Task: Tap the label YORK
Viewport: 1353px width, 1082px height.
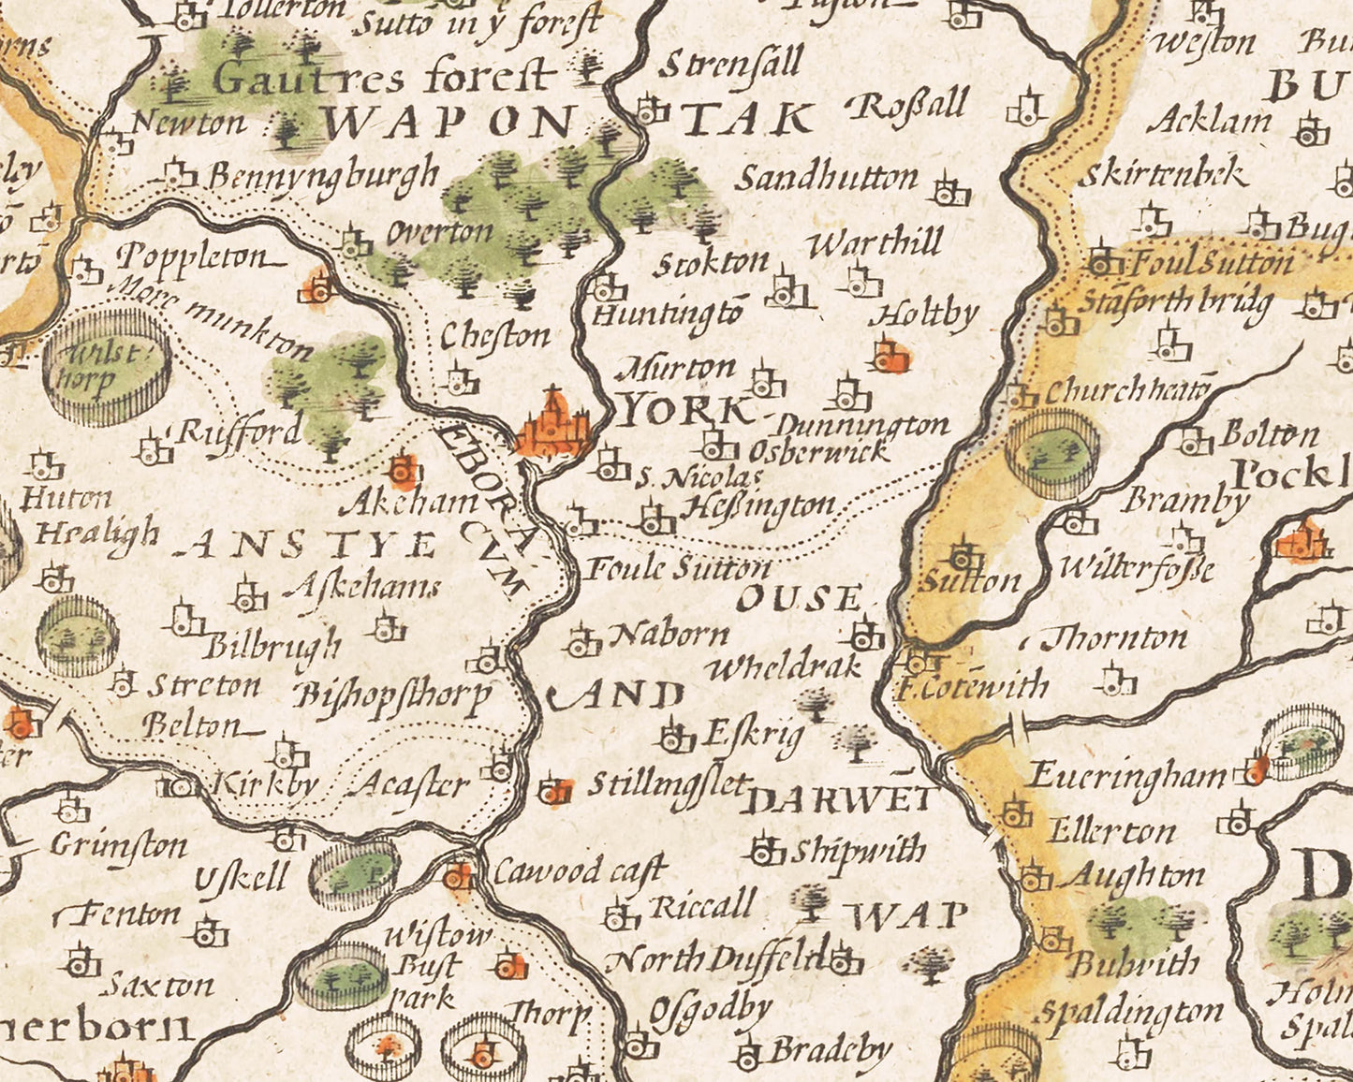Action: [x=686, y=410]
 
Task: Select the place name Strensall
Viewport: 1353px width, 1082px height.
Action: [x=731, y=65]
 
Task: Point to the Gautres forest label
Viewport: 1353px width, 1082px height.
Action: [x=384, y=77]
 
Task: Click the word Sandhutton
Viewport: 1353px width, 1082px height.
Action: [x=825, y=178]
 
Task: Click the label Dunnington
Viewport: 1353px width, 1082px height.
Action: [x=862, y=427]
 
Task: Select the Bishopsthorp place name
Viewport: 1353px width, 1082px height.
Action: [x=393, y=695]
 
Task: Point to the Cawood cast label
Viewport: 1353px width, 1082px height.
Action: [x=579, y=871]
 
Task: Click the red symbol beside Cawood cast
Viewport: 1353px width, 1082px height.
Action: [x=458, y=875]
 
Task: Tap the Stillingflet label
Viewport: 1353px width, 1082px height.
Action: [x=669, y=784]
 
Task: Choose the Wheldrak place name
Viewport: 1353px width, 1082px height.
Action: [x=784, y=667]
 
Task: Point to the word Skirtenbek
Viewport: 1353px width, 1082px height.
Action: [x=1164, y=175]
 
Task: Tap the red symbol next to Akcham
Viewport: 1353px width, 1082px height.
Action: [x=404, y=469]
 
